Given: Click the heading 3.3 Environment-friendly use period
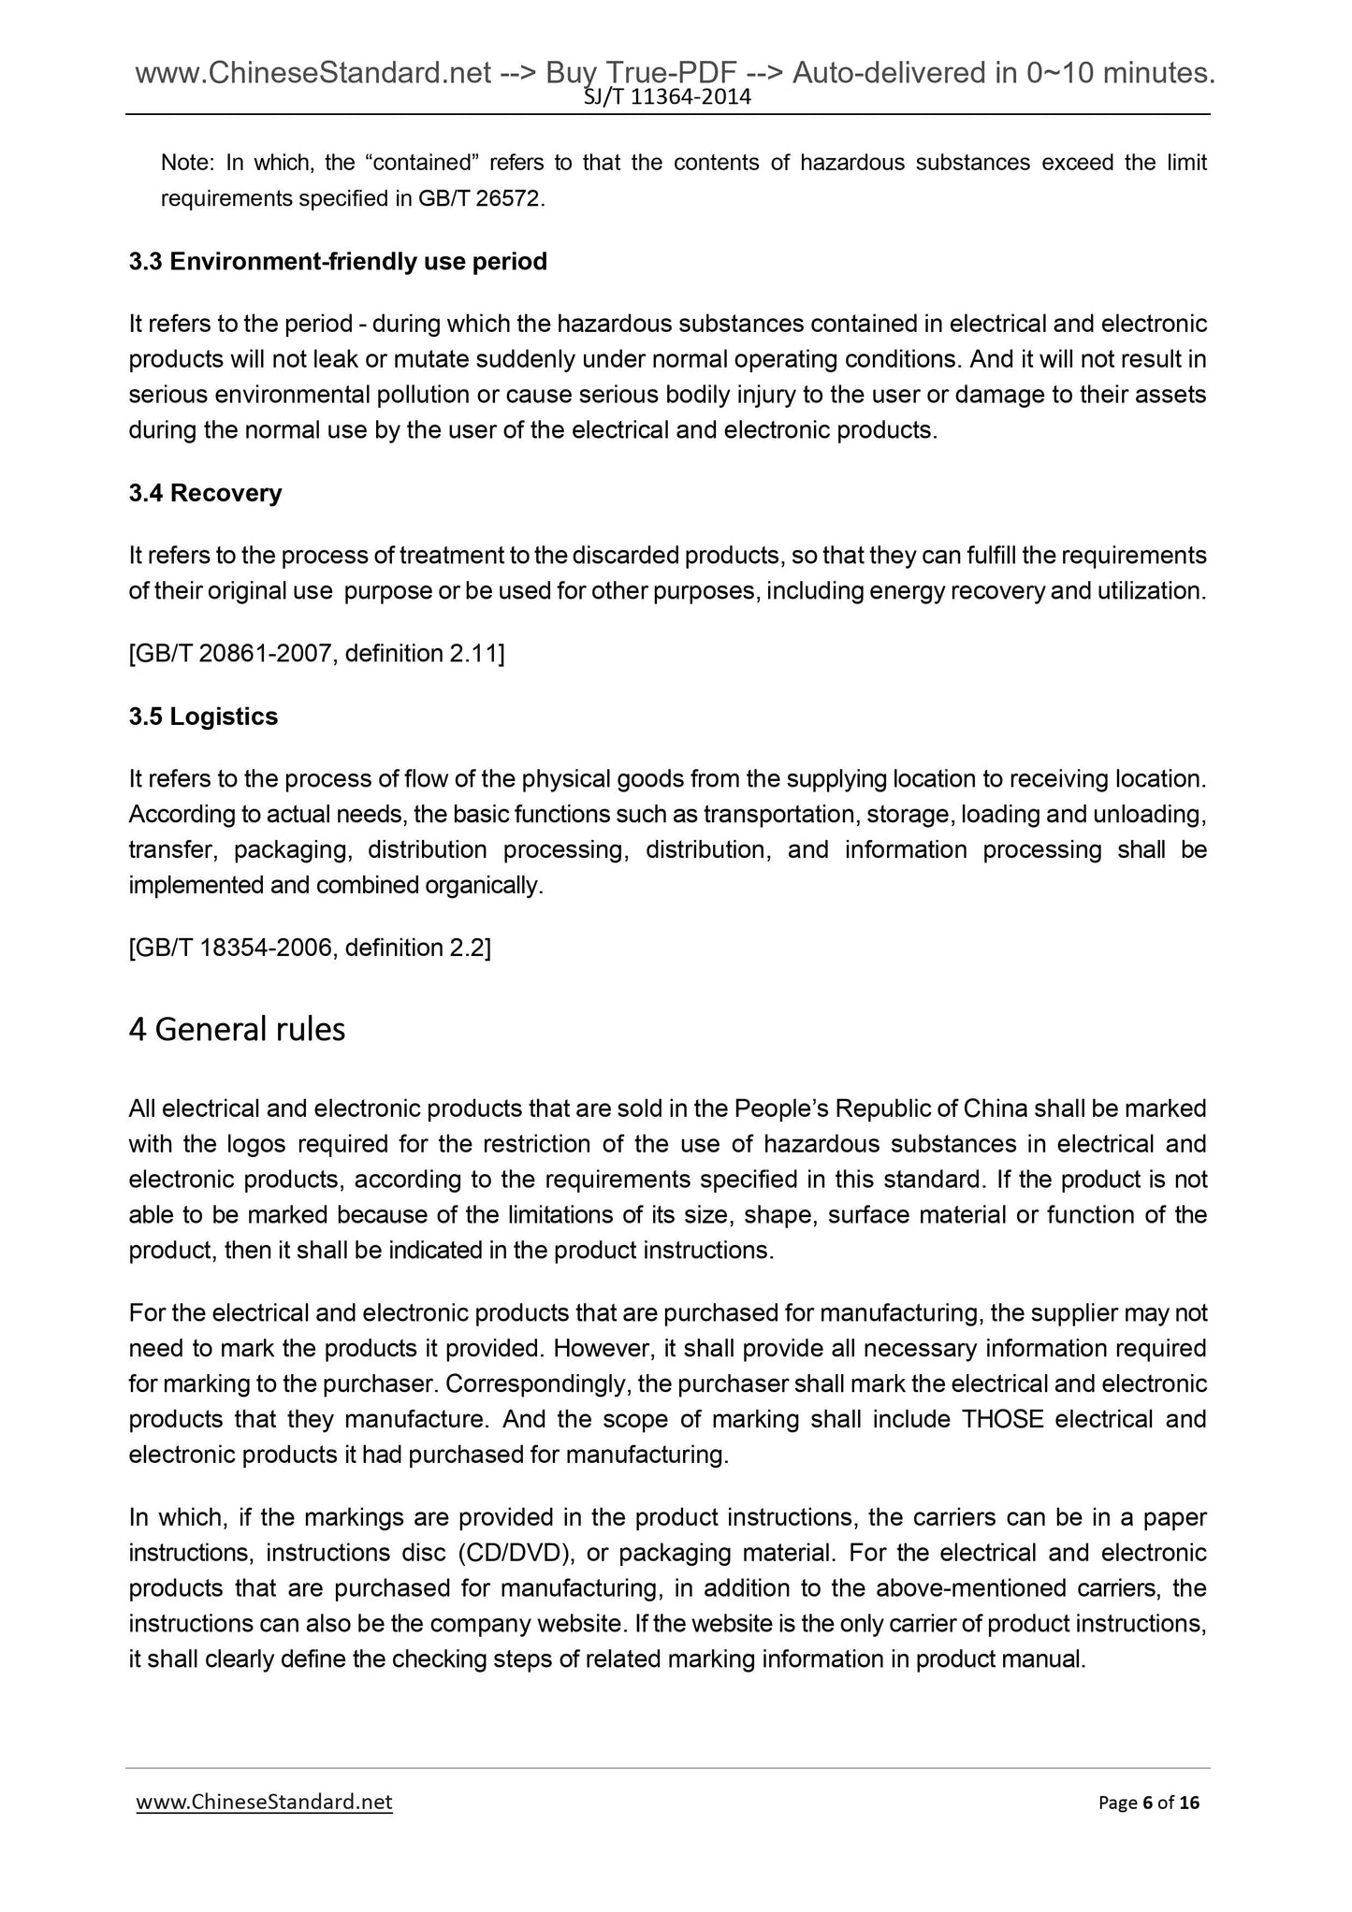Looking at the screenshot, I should click(x=338, y=262).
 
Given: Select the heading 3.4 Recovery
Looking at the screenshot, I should click(x=205, y=493).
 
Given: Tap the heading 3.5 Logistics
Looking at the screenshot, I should click(x=203, y=717).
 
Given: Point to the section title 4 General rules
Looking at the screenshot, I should click(x=237, y=1029).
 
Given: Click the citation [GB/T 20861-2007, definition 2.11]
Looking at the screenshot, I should click(x=316, y=654).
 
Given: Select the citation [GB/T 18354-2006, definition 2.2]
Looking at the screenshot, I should click(x=310, y=949).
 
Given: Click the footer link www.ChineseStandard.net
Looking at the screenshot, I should click(x=264, y=1803).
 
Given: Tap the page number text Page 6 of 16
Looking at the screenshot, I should click(x=1148, y=1803).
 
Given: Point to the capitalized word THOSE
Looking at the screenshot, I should click(x=1002, y=1420).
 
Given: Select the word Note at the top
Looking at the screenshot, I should click(x=187, y=164).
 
